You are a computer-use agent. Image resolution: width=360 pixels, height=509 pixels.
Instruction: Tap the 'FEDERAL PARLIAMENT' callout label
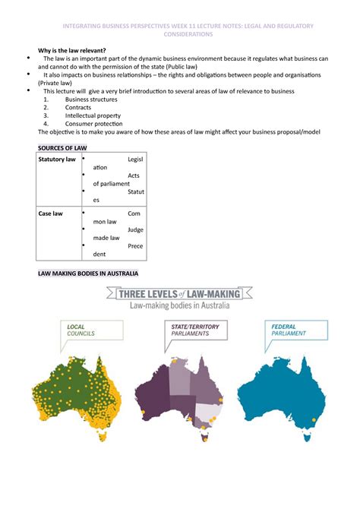[291, 330]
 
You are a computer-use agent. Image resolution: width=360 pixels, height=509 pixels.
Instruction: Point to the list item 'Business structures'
[92, 99]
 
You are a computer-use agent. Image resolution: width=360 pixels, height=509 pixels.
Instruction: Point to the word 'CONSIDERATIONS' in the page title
[180, 35]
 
